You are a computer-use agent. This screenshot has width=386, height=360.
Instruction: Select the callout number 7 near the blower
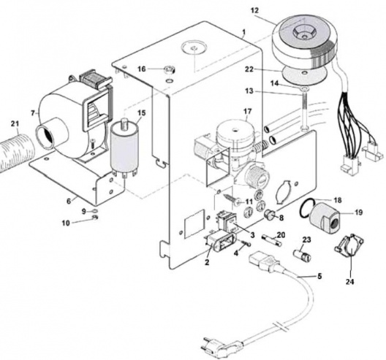pos(33,114)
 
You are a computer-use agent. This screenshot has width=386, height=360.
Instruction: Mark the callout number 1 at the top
pos(242,33)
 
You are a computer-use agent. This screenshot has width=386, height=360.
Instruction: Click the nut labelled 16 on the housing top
pos(168,69)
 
